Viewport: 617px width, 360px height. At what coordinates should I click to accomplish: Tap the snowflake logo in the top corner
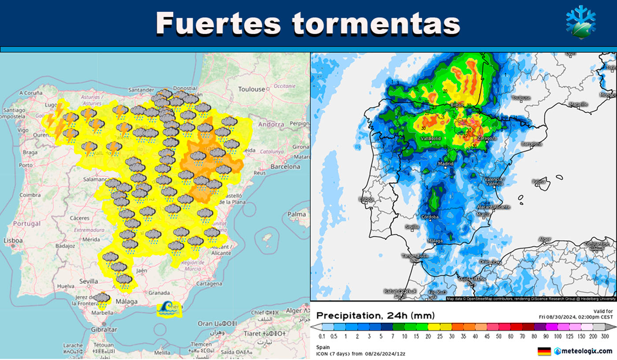(x=580, y=22)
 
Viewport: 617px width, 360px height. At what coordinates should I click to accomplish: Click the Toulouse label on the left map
(x=252, y=89)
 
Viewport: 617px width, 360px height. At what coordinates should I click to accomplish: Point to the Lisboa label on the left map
(x=13, y=241)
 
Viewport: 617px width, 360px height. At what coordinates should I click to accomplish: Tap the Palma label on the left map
(x=297, y=215)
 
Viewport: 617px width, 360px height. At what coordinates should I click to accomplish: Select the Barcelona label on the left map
(x=285, y=167)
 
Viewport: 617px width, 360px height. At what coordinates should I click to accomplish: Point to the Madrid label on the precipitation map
(x=446, y=164)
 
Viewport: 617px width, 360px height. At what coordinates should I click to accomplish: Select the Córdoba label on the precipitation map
(x=430, y=217)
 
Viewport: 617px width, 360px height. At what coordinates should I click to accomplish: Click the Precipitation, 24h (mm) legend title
(x=375, y=315)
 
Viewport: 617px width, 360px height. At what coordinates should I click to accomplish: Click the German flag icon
(x=544, y=351)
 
